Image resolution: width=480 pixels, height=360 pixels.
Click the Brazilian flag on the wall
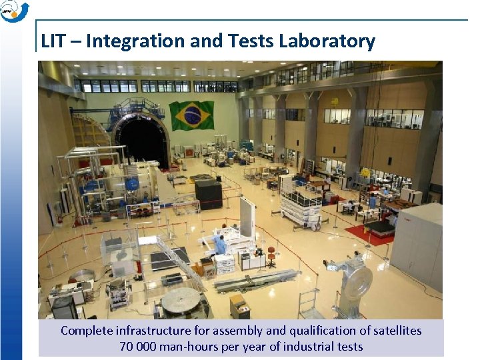(x=191, y=115)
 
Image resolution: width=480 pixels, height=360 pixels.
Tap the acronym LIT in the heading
(x=53, y=41)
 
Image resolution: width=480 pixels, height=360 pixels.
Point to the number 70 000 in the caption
(x=138, y=346)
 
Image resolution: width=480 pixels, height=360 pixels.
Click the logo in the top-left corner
(x=14, y=11)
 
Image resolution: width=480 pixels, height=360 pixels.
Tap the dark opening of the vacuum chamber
(x=142, y=141)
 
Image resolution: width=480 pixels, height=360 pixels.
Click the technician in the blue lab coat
(x=220, y=244)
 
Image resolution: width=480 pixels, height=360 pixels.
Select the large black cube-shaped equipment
(x=208, y=193)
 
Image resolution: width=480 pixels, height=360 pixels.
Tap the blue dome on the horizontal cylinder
(x=132, y=184)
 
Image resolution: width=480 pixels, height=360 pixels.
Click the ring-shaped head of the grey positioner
(x=359, y=281)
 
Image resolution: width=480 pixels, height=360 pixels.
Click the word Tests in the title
(x=251, y=41)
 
